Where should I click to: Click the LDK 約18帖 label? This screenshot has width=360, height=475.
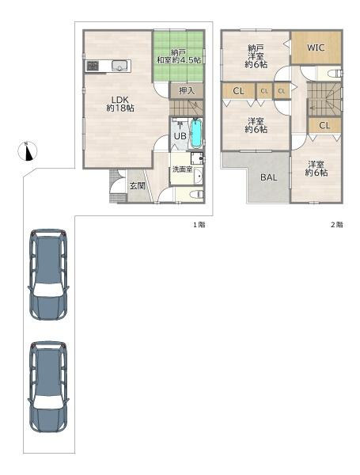tap(120, 104)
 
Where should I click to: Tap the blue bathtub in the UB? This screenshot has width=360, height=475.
tap(196, 133)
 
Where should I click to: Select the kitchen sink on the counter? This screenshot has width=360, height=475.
tap(119, 66)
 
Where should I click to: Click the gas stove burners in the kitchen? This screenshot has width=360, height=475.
tap(93, 66)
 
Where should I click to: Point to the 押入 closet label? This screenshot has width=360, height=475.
tap(187, 90)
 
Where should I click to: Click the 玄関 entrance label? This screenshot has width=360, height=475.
tap(138, 186)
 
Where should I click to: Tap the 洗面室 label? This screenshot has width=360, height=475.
tap(182, 169)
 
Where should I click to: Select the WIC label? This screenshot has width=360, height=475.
tap(316, 47)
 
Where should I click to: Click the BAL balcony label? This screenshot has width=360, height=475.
tap(269, 177)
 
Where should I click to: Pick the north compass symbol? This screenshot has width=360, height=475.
tap(28, 151)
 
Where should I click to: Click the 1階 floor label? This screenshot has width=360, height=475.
tap(199, 225)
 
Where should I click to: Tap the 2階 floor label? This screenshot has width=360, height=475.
tap(337, 225)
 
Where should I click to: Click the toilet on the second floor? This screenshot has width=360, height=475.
tap(335, 74)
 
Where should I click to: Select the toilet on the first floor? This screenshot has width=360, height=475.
tap(196, 194)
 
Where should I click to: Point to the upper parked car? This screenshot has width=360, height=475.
tap(48, 274)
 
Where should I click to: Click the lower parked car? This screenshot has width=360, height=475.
tap(48, 387)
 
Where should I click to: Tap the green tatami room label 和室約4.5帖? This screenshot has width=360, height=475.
tap(179, 60)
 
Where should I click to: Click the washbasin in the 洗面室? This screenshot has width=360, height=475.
tap(199, 177)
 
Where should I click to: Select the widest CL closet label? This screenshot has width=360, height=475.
tap(239, 90)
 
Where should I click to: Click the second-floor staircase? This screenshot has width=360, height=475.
tap(324, 99)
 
